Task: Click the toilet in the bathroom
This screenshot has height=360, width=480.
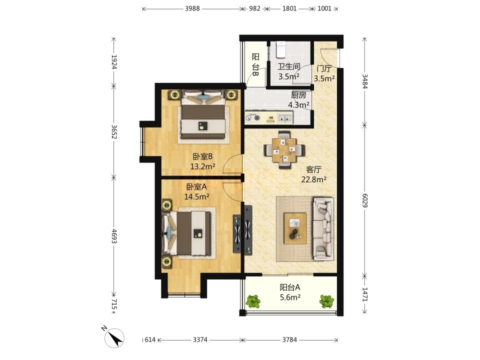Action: coord(280,49)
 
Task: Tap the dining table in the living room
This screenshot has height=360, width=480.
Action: coord(284,149)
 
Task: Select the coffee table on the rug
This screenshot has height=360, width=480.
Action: coord(295,228)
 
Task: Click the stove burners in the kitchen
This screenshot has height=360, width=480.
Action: coord(253,117)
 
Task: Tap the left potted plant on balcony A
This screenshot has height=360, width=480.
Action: coord(253,301)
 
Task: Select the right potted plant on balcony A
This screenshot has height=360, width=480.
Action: coord(327,301)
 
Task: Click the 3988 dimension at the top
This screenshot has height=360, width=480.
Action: coord(192,8)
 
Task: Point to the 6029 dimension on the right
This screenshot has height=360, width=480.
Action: coord(364,199)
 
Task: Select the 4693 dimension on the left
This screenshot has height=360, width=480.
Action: coord(114,236)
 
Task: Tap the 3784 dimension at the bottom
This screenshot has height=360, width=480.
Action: coord(289,340)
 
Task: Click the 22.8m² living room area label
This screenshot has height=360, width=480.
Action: coord(314,179)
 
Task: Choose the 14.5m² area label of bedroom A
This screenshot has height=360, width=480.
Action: coord(196,196)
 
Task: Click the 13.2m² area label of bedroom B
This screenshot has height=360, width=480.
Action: coord(202,167)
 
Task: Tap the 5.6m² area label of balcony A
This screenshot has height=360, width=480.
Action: coord(290,297)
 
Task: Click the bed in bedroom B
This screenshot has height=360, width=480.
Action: coord(203,116)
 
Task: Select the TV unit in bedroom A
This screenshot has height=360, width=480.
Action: coord(237,233)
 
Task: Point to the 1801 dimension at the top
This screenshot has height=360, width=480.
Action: coord(289,8)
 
